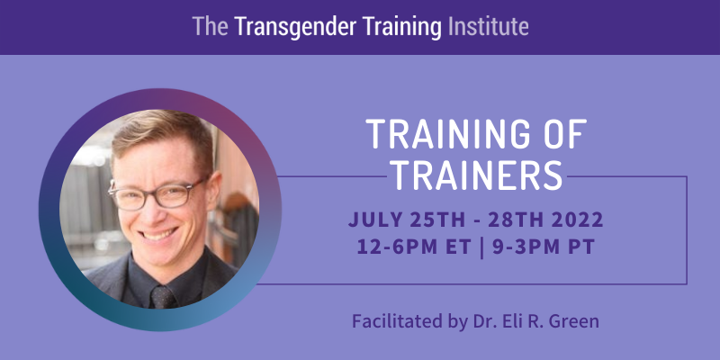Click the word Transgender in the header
295,27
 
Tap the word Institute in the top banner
488,27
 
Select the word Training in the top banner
401,28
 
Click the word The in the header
210,27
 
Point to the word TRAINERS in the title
478,175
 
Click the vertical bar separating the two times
481,248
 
